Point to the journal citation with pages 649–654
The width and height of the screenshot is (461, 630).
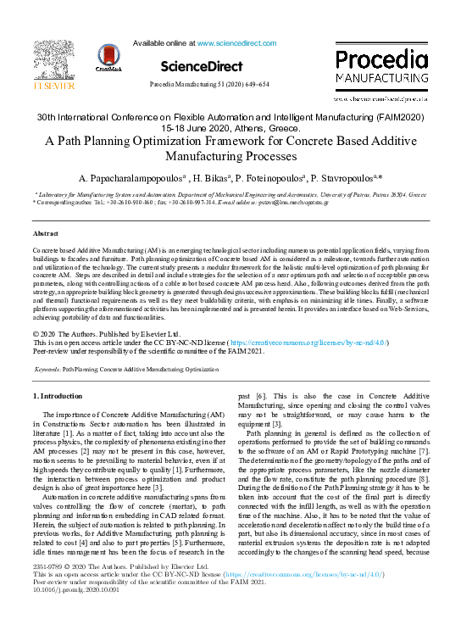tap(208, 85)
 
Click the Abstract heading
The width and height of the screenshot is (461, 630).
tap(45, 232)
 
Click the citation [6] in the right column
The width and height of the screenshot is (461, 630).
tap(264, 420)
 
